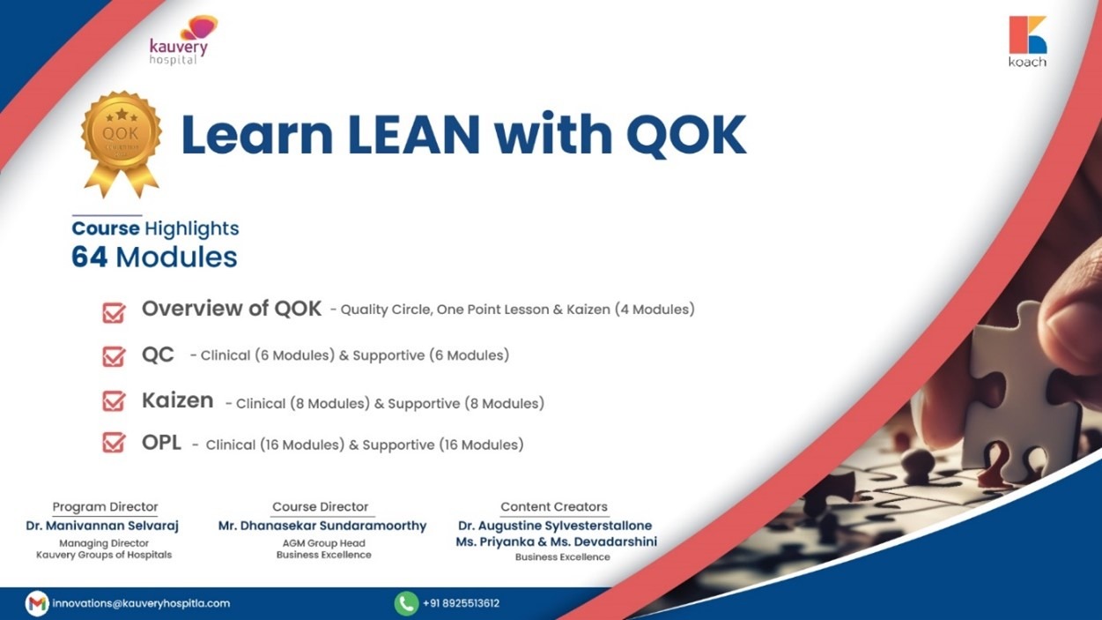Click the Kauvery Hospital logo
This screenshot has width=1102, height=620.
[x=182, y=41]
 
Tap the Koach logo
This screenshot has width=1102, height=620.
[x=1027, y=41]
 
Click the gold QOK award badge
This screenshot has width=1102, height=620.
[x=121, y=144]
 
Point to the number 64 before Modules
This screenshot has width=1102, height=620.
[x=89, y=257]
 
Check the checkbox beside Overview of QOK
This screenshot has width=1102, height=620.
[x=114, y=313]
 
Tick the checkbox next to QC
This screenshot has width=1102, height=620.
[x=114, y=356]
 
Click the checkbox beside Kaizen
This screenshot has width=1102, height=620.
[x=114, y=401]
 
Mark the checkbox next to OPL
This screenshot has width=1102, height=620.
[x=114, y=442]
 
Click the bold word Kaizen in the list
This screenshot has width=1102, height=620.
[x=178, y=400]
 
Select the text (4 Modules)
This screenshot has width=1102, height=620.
[x=655, y=310]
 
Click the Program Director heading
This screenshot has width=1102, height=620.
[x=105, y=507]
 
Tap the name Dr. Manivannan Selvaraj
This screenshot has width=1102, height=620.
[x=102, y=526]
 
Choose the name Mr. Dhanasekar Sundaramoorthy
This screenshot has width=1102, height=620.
[x=322, y=526]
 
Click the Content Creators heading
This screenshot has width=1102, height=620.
[x=554, y=507]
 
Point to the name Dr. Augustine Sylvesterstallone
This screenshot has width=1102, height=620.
[x=555, y=526]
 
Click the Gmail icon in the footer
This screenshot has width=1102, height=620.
[x=37, y=603]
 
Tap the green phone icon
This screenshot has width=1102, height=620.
[x=406, y=603]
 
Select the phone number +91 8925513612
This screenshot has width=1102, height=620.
[x=461, y=603]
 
